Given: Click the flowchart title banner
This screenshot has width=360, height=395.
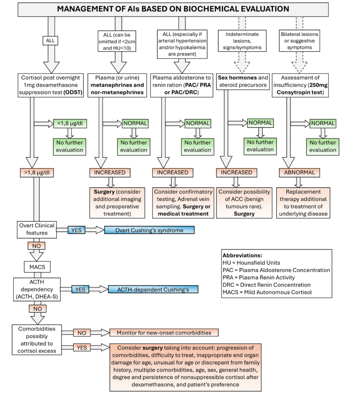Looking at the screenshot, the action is click(173, 10).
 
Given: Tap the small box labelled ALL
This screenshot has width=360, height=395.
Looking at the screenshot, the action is click(50, 41).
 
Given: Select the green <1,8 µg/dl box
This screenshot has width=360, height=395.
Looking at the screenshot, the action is click(70, 123).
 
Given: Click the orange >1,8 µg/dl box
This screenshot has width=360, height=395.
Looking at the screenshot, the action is click(37, 173).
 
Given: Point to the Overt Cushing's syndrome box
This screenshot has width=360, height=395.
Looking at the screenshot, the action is click(149, 230).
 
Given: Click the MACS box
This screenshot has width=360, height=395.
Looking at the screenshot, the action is click(37, 267).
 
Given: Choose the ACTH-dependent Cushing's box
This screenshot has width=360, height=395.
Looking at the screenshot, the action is click(153, 289).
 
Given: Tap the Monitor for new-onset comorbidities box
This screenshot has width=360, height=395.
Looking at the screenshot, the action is click(164, 333).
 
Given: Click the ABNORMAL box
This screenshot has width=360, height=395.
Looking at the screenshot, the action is click(299, 172).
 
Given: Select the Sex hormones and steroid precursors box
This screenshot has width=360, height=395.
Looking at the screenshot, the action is click(243, 81).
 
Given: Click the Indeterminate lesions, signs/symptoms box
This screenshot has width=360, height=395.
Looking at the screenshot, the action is click(242, 41).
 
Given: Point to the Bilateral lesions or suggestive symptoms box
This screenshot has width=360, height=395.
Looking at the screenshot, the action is click(299, 41).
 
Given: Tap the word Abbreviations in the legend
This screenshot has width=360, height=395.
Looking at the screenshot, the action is click(242, 255).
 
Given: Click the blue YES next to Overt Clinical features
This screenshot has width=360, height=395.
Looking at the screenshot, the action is click(76, 230).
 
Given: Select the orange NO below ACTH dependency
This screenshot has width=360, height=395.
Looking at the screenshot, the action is click(38, 309).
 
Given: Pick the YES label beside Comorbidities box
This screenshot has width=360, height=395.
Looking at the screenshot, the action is click(82, 348).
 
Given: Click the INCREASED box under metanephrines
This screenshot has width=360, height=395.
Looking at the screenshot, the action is click(110, 172).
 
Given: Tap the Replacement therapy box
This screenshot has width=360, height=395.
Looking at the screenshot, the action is click(303, 203).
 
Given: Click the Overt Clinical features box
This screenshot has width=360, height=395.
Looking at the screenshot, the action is click(37, 230).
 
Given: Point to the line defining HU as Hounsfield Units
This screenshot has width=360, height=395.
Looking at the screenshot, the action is click(252, 263).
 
